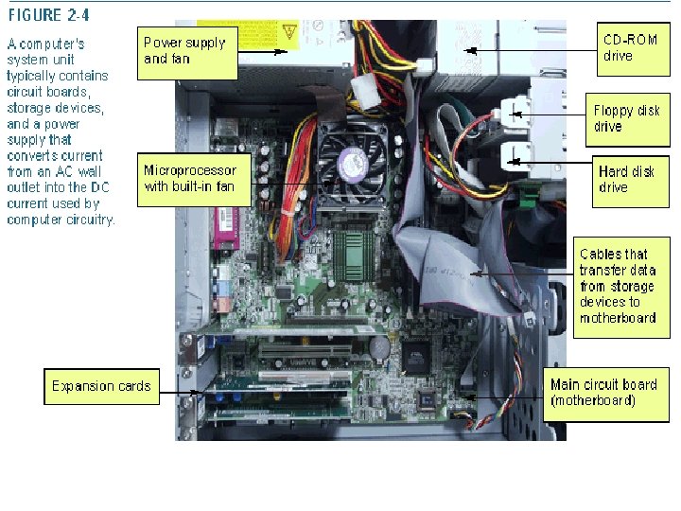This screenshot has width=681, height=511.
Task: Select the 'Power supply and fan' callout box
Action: click(x=187, y=51)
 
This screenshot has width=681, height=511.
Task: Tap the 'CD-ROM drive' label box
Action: click(x=631, y=48)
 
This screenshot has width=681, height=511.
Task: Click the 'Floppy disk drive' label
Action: click(x=626, y=118)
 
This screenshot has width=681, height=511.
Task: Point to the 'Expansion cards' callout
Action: click(x=101, y=386)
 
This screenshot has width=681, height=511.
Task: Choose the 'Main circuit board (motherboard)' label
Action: click(x=605, y=393)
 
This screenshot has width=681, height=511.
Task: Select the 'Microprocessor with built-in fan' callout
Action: click(x=187, y=179)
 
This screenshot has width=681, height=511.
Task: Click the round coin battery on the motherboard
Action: click(x=378, y=346)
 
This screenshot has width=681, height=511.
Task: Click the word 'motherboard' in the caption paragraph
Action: click(x=617, y=318)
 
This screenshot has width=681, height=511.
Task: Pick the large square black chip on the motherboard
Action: click(x=416, y=357)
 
